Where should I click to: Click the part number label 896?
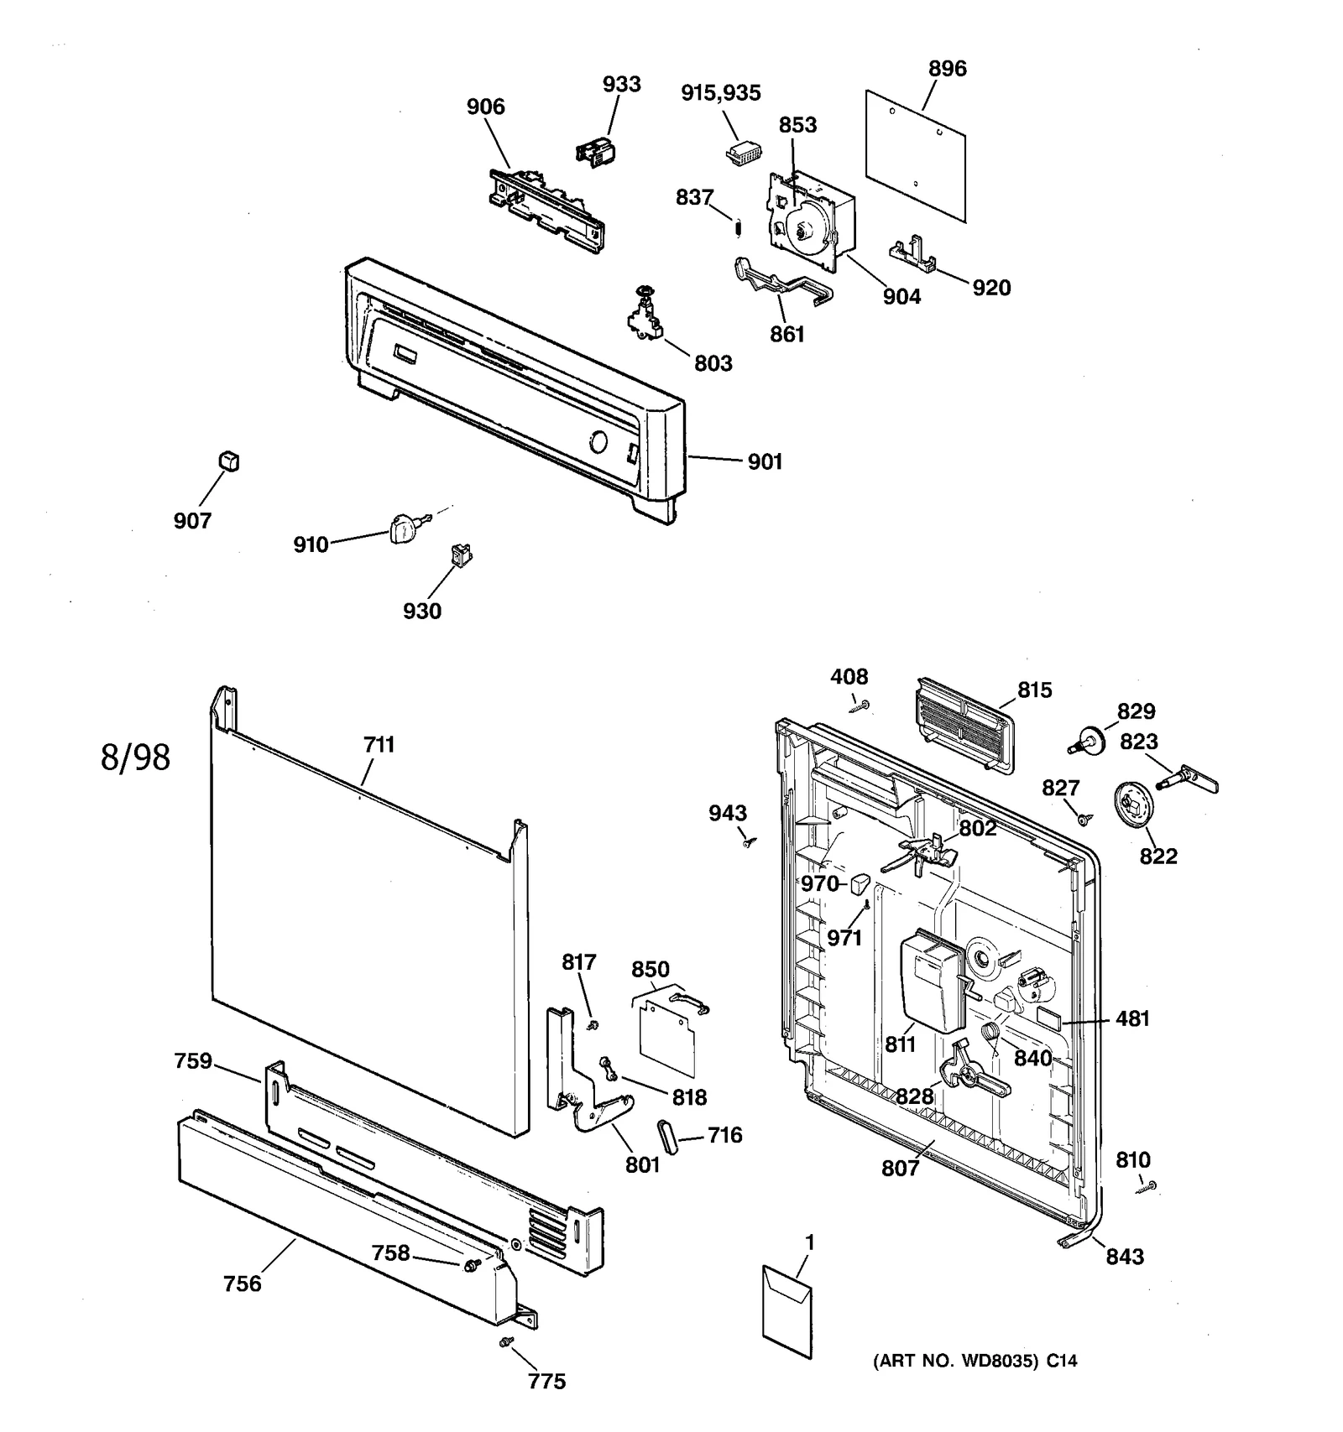[947, 69]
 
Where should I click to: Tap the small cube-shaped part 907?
[228, 461]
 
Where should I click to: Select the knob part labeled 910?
[405, 529]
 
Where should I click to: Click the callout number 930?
[421, 611]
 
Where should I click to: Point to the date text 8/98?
[135, 757]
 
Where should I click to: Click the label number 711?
[379, 744]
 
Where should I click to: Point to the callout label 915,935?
[720, 93]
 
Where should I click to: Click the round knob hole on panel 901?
[598, 441]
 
